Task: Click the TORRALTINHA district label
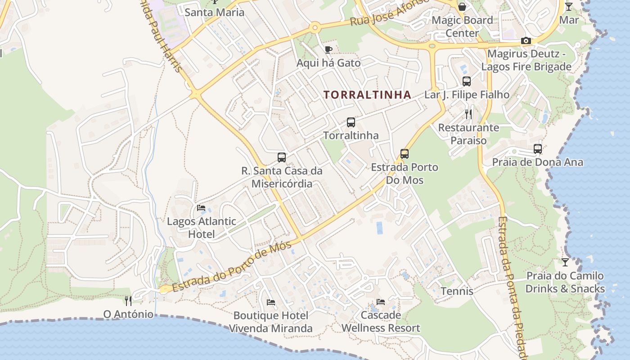tap(367, 95)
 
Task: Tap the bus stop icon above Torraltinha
tap(351, 122)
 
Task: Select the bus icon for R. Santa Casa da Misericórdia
tap(282, 157)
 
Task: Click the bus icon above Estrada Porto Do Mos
tap(405, 154)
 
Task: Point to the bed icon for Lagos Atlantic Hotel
tap(201, 208)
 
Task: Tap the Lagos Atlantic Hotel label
tap(201, 228)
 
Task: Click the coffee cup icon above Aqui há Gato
tap(328, 49)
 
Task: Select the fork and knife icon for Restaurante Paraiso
tap(468, 114)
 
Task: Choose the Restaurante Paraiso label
tap(468, 134)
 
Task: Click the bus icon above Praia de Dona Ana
tap(538, 148)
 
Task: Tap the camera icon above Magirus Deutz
tap(526, 41)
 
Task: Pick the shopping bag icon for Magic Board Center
tap(462, 7)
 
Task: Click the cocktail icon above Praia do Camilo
tap(565, 262)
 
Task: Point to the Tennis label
tap(457, 291)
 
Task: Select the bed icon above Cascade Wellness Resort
tap(381, 301)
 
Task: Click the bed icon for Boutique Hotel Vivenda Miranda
tap(271, 302)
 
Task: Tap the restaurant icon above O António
tap(129, 300)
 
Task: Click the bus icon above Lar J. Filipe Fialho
tap(467, 81)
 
